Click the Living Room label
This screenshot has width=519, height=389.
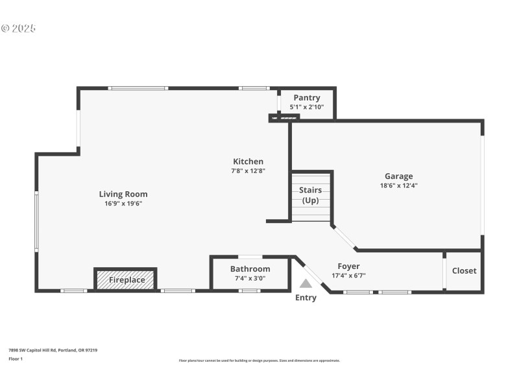click(123, 194)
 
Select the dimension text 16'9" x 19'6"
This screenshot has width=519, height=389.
click(123, 204)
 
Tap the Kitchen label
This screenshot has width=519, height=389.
click(248, 161)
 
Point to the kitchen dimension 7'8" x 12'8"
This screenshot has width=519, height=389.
click(248, 171)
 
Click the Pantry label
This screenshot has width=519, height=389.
click(307, 98)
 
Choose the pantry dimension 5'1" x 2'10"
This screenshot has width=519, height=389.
click(307, 107)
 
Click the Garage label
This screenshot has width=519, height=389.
click(398, 176)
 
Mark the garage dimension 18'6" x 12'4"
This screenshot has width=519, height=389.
click(398, 185)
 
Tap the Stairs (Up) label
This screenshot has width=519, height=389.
click(311, 195)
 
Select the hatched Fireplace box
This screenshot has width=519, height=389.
click(126, 280)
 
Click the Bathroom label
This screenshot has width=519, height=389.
click(250, 269)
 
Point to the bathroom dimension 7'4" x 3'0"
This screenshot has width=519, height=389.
click(250, 279)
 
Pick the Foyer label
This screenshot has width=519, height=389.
click(348, 266)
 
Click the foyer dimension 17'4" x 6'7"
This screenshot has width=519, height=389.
click(348, 276)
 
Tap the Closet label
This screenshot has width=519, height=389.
click(464, 271)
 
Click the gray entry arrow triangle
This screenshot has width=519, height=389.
click(306, 283)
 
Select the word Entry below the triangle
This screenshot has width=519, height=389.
click(306, 298)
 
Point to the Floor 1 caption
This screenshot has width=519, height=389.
click(15, 359)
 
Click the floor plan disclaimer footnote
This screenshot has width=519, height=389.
click(259, 360)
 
